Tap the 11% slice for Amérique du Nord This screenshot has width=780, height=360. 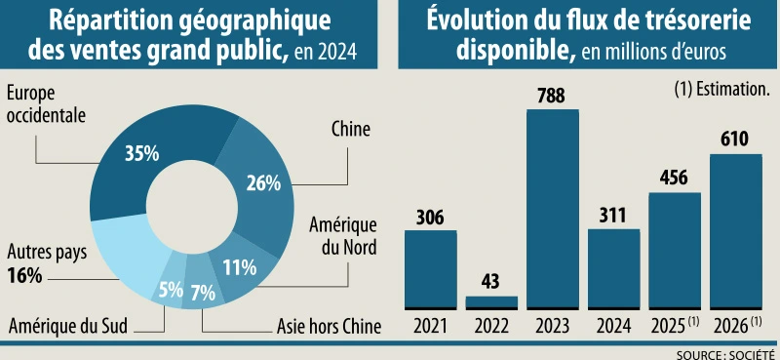(x=239, y=265)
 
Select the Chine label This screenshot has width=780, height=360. (x=351, y=129)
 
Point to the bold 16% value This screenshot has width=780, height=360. (x=23, y=275)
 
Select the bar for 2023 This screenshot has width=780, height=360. (x=552, y=210)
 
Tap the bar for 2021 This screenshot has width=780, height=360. (x=431, y=269)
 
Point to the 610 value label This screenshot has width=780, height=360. (x=735, y=140)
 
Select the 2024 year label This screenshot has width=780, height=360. (x=613, y=323)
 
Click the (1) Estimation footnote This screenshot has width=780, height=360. (x=722, y=88)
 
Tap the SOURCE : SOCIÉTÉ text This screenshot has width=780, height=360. (x=726, y=352)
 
